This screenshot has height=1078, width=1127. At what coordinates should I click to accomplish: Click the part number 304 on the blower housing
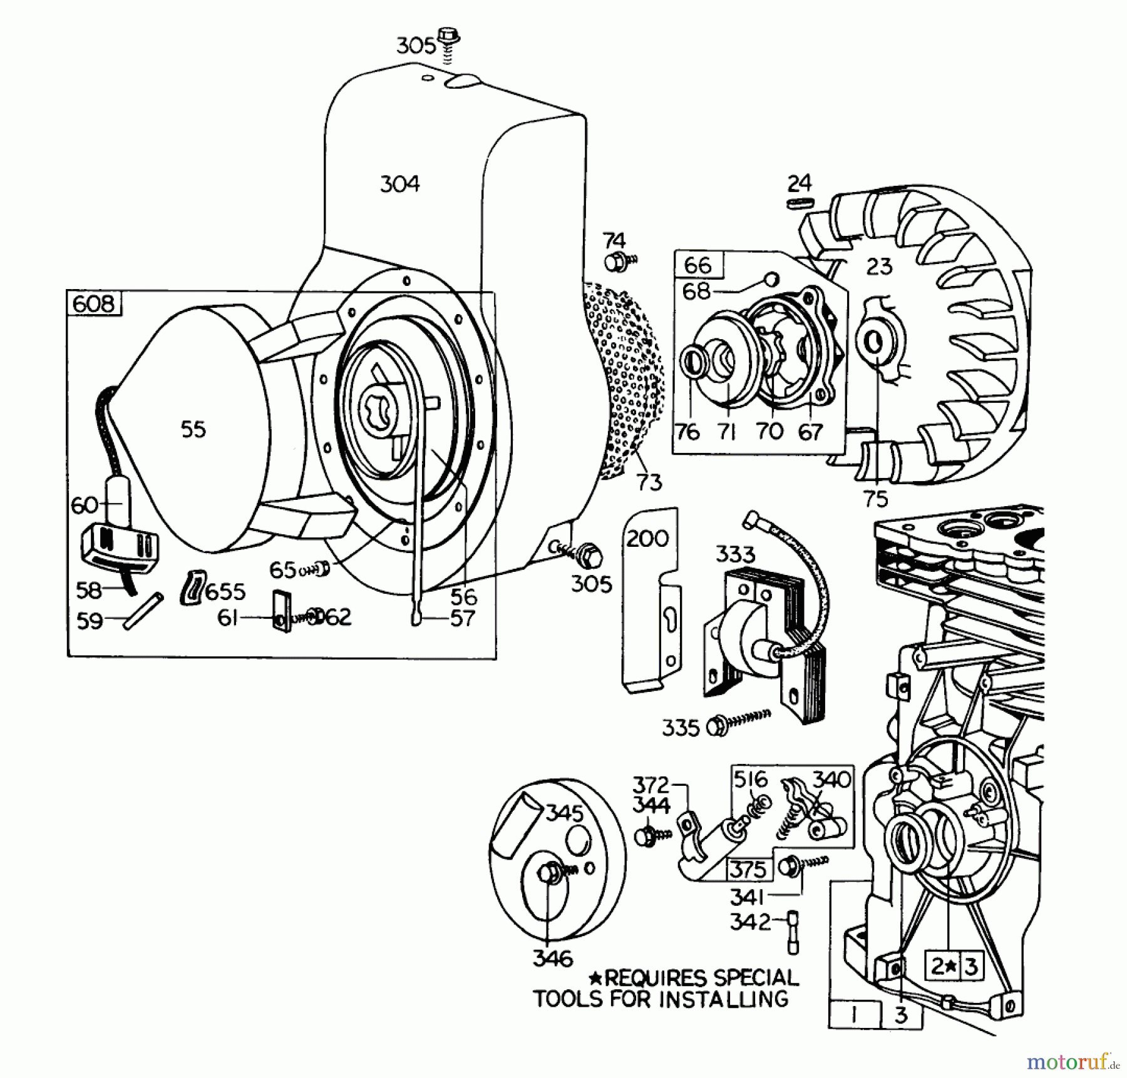(x=400, y=184)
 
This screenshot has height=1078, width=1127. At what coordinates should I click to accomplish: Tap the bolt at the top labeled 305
(x=448, y=36)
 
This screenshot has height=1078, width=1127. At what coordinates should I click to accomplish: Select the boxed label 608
(x=94, y=304)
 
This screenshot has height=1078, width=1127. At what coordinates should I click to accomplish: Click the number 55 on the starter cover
(x=193, y=429)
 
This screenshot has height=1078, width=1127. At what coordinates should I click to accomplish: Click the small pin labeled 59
(x=143, y=611)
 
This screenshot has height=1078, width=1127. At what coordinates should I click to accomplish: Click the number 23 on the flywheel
(x=879, y=267)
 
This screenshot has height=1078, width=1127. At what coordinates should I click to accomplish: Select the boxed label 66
(x=697, y=265)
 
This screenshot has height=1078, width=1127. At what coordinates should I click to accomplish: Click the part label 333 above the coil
(x=735, y=554)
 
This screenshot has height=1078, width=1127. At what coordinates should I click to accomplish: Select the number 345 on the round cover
(x=564, y=813)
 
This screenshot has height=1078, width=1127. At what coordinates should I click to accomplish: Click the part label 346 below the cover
(x=553, y=958)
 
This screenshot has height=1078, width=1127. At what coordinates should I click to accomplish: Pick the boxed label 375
(x=748, y=870)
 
